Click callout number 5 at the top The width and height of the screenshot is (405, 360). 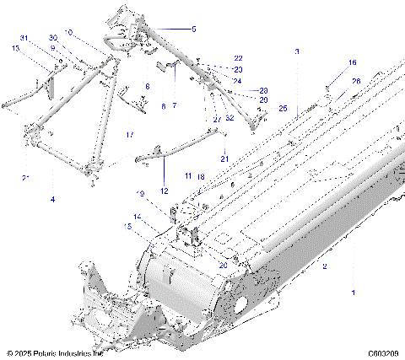[192, 29]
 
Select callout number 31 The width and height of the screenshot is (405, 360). [24, 39]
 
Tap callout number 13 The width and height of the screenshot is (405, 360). [14, 49]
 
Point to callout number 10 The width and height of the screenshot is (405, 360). [69, 32]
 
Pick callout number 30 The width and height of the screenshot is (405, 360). [52, 39]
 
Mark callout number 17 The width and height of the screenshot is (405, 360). [129, 135]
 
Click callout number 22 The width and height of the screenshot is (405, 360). [238, 58]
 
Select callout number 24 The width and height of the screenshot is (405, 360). [238, 80]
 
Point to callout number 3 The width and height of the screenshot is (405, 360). [296, 52]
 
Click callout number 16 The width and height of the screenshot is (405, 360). [353, 62]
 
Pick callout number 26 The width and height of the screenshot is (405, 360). [355, 81]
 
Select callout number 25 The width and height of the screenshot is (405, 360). [283, 109]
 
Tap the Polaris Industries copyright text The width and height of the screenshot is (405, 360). [55, 354]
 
